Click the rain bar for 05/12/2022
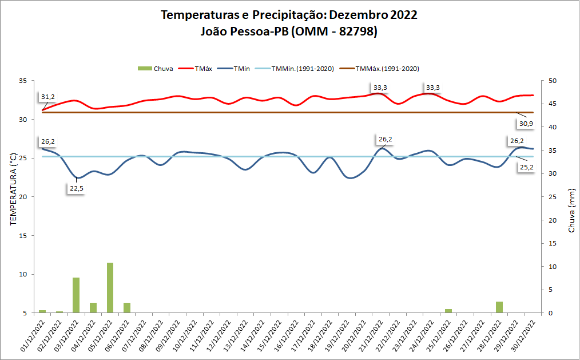pyautogui.click(x=110, y=288)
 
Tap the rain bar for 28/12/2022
pyautogui.click(x=499, y=307)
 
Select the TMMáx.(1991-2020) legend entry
pyautogui.click(x=387, y=69)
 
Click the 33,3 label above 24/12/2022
pyautogui.click(x=432, y=88)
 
